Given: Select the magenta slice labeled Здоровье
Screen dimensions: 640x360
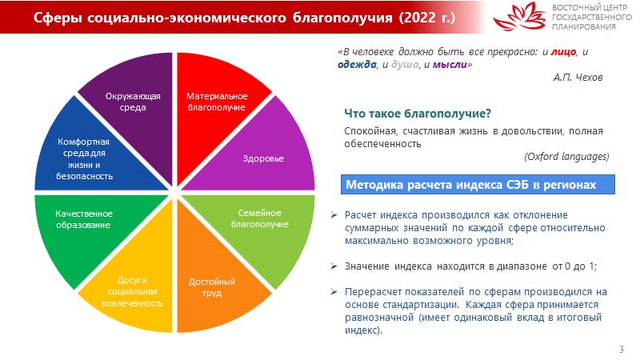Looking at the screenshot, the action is point(262,155).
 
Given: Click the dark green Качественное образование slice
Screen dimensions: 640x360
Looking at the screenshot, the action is point(86,229).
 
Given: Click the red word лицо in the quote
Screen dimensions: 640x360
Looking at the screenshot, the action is point(563,52).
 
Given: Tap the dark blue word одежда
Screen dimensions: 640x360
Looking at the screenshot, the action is point(357,65).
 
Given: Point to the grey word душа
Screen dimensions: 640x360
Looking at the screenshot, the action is point(405,65).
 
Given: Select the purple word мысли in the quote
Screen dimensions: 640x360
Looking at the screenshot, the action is point(450,65).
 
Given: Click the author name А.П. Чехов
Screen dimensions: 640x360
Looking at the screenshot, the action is point(578,77).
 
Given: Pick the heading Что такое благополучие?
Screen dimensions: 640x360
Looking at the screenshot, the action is point(418,113).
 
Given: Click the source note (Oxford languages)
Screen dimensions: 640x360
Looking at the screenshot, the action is point(566,156).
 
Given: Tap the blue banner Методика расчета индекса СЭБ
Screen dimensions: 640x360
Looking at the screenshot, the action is point(478,185).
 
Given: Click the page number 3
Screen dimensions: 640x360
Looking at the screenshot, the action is point(622,350).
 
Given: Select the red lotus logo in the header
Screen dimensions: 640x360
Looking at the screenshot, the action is point(519,16).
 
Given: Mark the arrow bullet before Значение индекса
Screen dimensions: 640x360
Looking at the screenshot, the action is point(334,266).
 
